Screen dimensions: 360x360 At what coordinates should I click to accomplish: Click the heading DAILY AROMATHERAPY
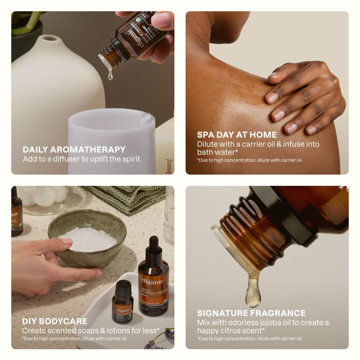click(x=74, y=149)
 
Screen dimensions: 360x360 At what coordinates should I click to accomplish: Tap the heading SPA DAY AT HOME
click(x=237, y=135)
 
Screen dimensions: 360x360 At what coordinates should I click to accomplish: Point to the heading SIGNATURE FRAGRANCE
click(x=251, y=313)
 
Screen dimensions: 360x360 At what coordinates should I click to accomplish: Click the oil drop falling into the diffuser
click(x=110, y=75)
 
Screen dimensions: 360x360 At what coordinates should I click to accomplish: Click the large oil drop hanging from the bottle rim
click(x=252, y=292)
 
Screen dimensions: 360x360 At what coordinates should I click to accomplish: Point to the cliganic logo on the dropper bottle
click(x=152, y=282)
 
